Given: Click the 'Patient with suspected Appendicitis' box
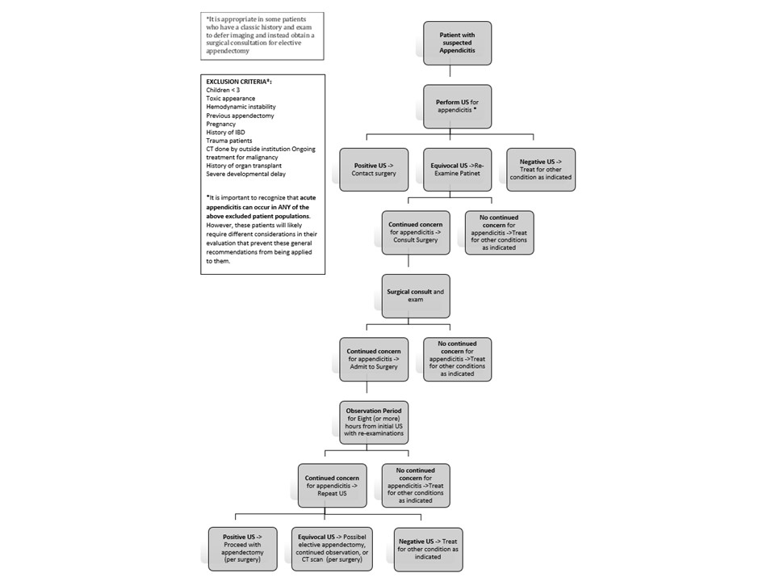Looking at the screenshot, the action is click(457, 43).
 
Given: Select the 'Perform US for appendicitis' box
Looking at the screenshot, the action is click(457, 107).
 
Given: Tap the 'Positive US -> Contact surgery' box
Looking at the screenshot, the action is click(374, 170).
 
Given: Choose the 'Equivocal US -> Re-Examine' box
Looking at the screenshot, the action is click(457, 170).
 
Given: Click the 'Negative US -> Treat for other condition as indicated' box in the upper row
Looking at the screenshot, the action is click(541, 170).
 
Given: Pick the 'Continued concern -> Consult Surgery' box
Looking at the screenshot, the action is click(416, 233).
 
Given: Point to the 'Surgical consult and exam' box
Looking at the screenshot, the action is click(416, 296).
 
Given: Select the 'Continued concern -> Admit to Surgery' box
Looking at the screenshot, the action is click(374, 359).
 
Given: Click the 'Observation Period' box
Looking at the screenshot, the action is click(374, 422).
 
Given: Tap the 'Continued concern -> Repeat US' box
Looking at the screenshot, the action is click(332, 486).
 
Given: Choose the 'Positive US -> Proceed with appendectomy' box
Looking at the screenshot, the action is click(242, 549).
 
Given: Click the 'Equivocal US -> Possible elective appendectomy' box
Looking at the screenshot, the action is click(332, 549).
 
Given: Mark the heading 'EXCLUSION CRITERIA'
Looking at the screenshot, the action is click(239, 82).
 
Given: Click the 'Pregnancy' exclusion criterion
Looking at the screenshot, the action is click(221, 124).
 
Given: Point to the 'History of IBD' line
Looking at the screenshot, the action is click(225, 132).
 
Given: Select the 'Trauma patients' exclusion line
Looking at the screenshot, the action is click(228, 141).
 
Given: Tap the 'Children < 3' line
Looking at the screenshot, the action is click(223, 90).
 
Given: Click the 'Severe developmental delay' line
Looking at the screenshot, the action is click(245, 174).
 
